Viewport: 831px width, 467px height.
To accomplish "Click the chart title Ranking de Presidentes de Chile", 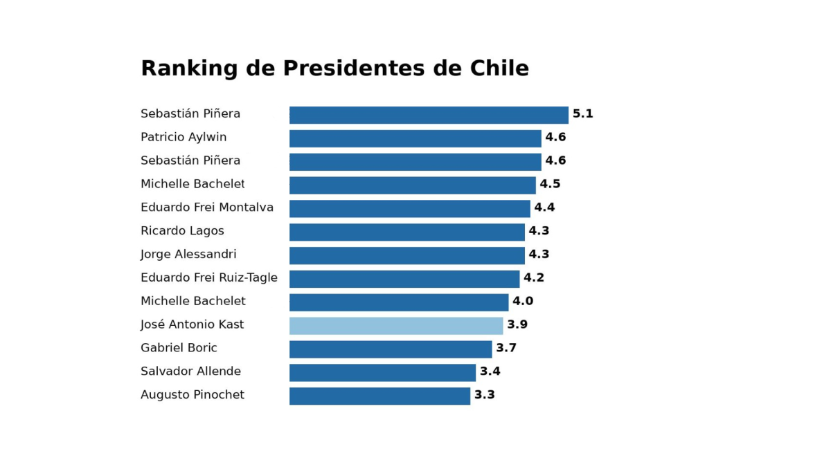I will point(334,68).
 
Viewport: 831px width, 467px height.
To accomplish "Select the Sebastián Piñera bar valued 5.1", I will point(429,115).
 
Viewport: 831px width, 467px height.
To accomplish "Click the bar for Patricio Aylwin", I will point(415,138).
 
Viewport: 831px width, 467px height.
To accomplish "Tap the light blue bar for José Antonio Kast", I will point(396,326).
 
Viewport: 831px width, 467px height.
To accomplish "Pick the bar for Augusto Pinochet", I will point(379,396).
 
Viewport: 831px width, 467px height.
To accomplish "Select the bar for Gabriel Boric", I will point(391,349).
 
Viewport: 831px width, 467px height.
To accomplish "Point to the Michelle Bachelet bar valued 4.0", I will point(399,302).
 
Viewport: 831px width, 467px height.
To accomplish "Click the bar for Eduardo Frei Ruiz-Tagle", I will point(404,279).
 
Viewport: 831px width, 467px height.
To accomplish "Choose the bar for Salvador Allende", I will point(382,372).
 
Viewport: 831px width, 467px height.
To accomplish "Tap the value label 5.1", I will point(583,114).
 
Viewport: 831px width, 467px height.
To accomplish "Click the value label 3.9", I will point(517,325).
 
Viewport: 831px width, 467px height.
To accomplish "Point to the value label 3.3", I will point(485,395).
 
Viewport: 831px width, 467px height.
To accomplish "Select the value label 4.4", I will point(544,208).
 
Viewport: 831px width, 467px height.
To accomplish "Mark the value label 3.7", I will point(506,348).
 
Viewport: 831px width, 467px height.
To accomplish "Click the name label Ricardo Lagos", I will point(182,231).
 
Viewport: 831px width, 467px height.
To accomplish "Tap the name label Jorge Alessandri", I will point(188,255).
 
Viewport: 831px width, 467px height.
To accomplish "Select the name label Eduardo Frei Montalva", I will point(207,208).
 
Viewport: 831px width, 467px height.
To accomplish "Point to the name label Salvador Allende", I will point(190,372).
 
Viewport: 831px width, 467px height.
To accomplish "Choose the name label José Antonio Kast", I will point(192,325).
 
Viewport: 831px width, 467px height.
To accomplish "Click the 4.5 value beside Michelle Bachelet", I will point(550,184).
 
